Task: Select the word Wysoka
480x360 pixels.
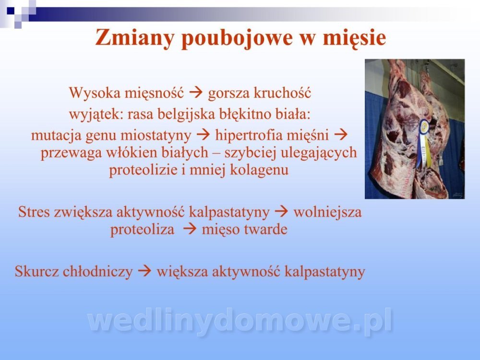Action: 95,93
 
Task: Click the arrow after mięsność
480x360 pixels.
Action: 196,92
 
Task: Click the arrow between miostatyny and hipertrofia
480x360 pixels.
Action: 203,135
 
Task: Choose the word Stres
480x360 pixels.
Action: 34,212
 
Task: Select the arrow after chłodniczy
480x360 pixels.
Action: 144,271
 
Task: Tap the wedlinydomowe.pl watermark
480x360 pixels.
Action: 240,321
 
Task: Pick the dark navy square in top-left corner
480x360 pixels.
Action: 11,11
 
